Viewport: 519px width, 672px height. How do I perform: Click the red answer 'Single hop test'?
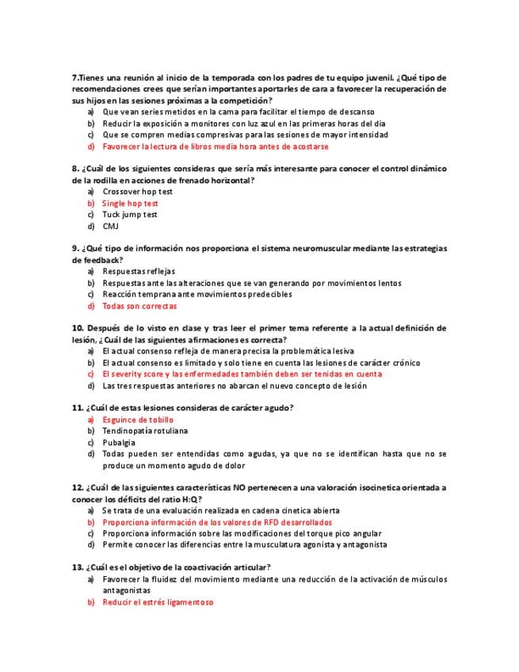130,204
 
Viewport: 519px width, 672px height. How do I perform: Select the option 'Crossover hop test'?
137,192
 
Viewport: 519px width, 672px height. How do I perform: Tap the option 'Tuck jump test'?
130,215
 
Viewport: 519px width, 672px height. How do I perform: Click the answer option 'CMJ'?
110,226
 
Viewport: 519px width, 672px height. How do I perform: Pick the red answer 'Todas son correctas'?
139,306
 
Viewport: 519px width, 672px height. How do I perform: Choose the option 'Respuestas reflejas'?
139,272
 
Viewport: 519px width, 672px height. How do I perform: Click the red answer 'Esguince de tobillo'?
138,420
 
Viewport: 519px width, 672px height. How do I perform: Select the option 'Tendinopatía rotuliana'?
145,431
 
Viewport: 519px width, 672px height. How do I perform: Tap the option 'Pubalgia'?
119,442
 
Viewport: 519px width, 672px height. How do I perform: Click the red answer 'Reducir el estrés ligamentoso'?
158,602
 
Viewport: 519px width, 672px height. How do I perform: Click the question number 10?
78,328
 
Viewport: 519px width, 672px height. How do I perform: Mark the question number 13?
78,567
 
